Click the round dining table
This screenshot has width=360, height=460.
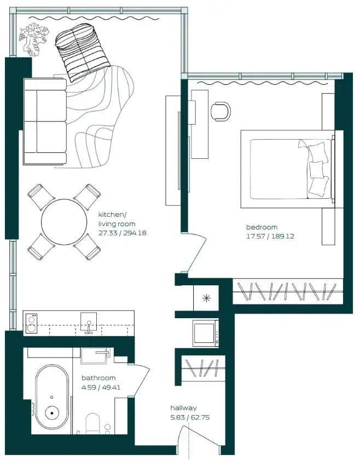(65, 222)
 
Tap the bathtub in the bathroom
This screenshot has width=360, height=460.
(52, 400)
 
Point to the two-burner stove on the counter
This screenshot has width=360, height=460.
(32, 323)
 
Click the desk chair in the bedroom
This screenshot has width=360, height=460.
(221, 111)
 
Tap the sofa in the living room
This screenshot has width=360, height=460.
(44, 122)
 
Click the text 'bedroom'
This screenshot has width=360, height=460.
(262, 227)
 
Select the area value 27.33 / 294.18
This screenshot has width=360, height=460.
(122, 233)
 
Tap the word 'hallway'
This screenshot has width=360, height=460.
(183, 408)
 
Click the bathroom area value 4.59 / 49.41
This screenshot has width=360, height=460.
(104, 387)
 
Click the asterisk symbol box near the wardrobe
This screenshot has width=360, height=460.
(206, 298)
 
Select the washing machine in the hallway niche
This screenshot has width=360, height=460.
(205, 332)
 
